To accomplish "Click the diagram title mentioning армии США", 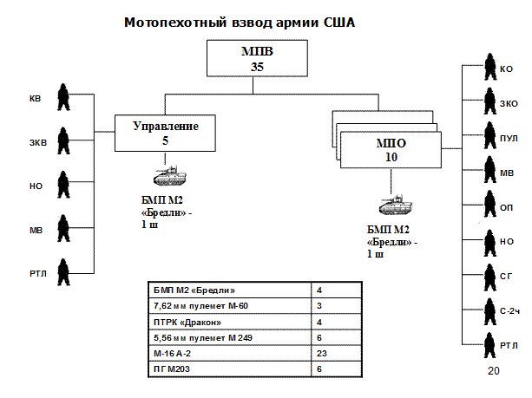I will coord(240,22).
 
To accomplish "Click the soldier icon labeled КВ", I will coord(63,97).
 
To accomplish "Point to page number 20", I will coord(494,372).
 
